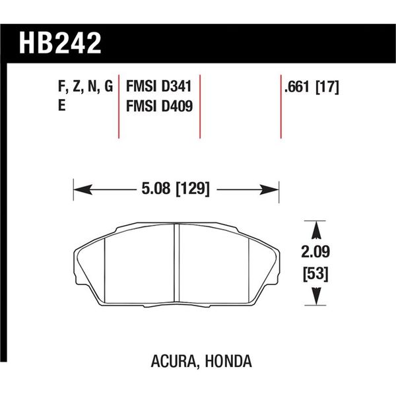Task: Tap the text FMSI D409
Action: pos(158,106)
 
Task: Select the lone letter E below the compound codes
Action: pos(61,106)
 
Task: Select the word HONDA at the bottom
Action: pos(227,362)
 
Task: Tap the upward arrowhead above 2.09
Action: pos(315,228)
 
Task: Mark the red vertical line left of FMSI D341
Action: pos(119,106)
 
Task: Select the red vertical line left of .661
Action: pos(280,106)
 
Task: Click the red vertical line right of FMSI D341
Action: pos(200,106)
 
